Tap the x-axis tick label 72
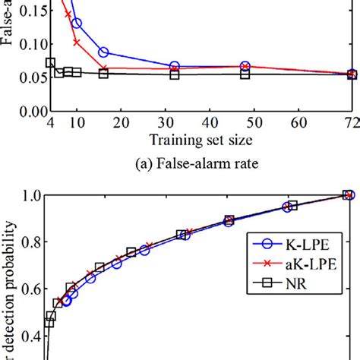352,123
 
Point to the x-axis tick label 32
175,123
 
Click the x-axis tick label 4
50,123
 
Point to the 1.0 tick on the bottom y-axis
30,195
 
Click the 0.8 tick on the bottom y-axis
30,242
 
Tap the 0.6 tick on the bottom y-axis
30,289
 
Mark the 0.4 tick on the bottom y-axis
30,335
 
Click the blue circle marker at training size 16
103,52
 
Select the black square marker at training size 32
175,74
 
